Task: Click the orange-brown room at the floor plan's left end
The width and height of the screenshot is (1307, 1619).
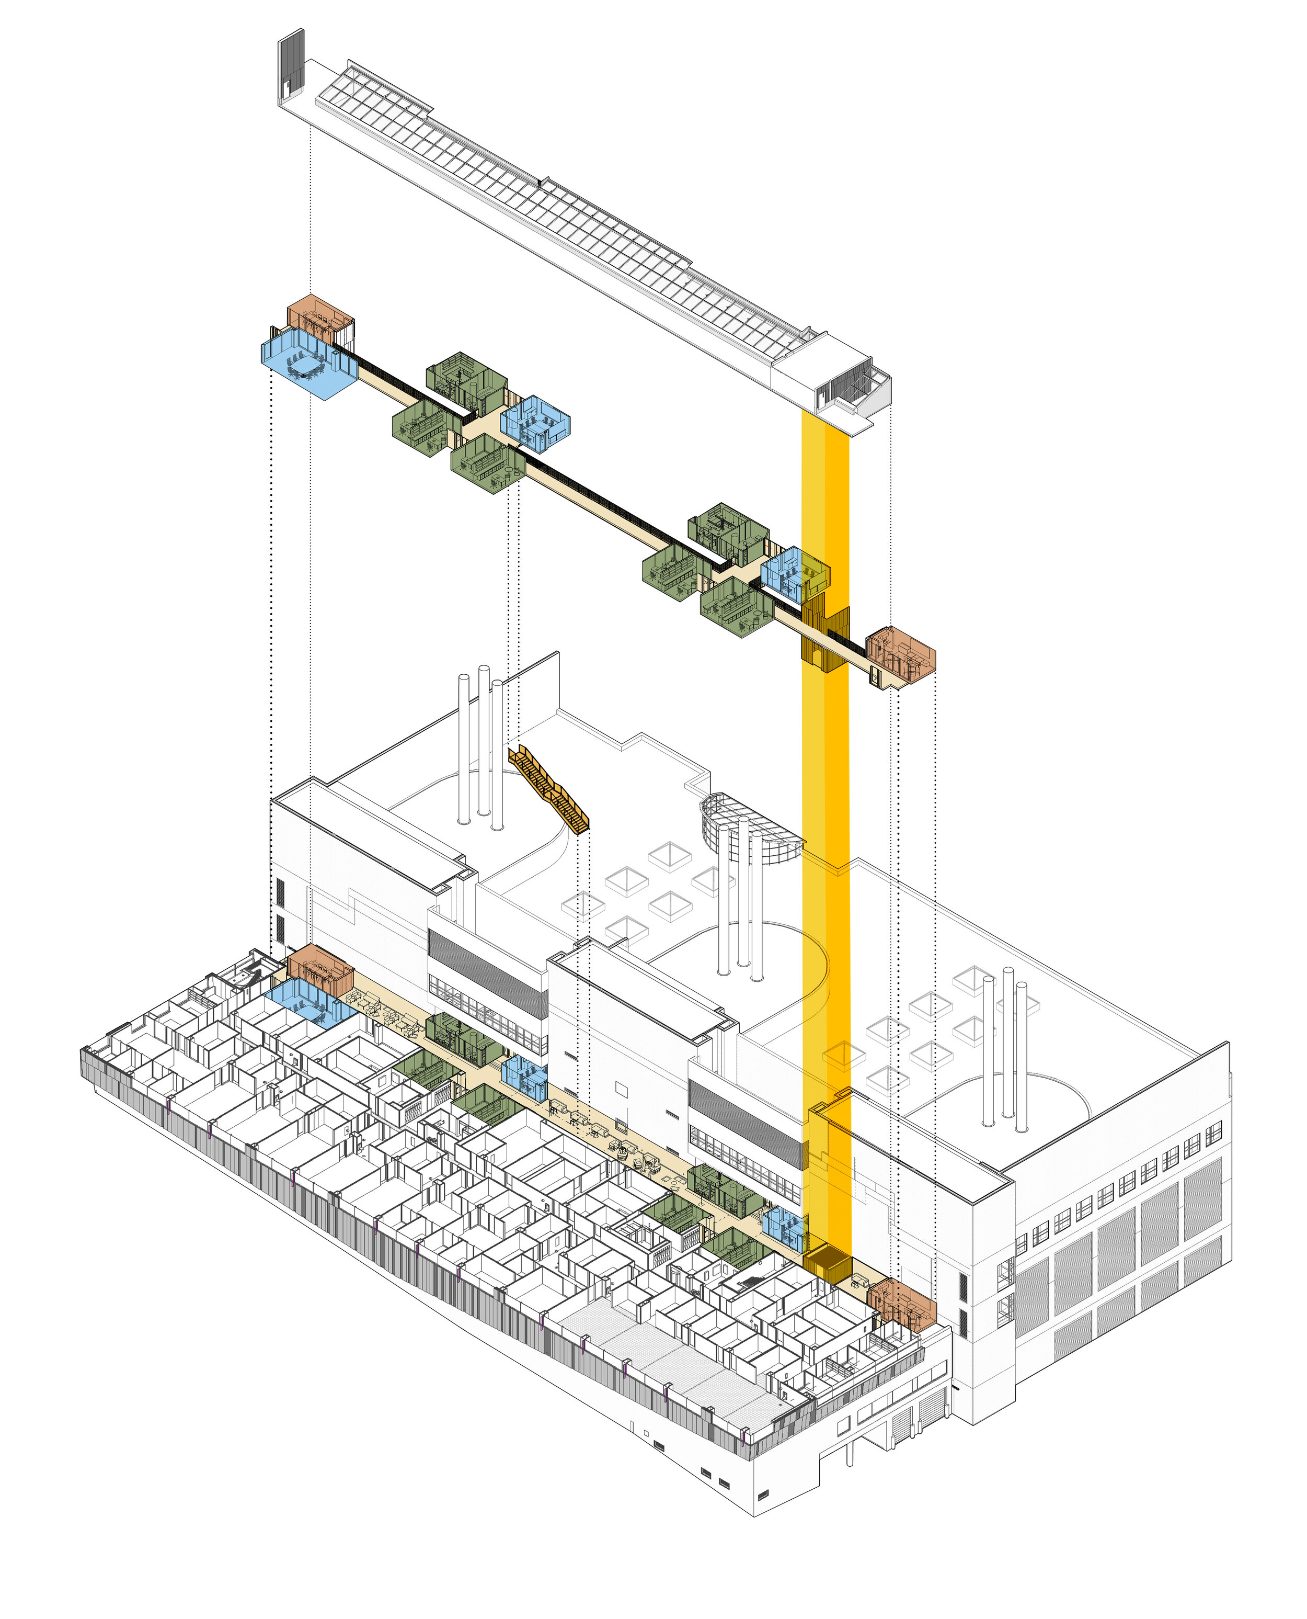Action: point(320,968)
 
